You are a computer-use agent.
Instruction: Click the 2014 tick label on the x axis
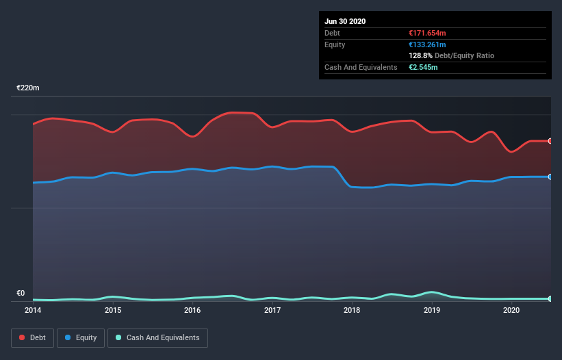[33, 310]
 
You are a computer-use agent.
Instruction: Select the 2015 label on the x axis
[113, 310]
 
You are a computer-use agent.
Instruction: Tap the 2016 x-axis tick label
[192, 310]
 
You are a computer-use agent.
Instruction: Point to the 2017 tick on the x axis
[272, 310]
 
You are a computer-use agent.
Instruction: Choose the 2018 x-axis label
[352, 310]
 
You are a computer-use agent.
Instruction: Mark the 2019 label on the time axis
[432, 310]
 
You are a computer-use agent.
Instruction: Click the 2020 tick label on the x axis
[511, 310]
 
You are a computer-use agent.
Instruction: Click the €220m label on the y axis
[28, 88]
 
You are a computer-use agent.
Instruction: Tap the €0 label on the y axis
[21, 293]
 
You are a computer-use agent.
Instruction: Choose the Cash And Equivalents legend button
[157, 337]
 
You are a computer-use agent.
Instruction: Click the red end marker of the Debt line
[550, 141]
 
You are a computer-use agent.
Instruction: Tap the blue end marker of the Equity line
[550, 177]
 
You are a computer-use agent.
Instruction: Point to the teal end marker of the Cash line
[550, 299]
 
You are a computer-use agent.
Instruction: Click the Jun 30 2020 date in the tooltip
[345, 21]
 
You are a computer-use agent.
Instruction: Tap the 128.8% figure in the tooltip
[420, 55]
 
